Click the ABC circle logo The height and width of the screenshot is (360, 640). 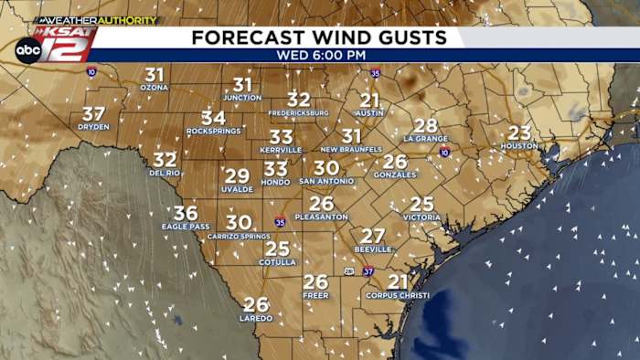coord(27,49)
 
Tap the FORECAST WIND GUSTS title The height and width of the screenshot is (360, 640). coord(319,37)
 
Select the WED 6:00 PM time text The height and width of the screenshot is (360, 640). coord(319,55)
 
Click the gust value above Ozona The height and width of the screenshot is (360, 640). coord(155,75)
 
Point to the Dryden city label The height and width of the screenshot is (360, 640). coord(93,127)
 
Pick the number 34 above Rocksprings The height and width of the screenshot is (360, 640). coord(213,118)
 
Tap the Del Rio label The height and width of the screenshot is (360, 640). coord(165,172)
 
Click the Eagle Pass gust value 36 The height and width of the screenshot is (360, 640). coord(186,213)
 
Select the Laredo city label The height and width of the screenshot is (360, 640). coord(256,318)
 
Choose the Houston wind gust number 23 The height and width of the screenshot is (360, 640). coord(519,132)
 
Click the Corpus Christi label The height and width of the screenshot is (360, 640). coord(398,295)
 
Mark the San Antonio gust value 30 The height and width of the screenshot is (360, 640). coord(326,168)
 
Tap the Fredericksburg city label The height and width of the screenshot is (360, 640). coord(299,112)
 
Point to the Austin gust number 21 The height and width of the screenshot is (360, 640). coord(369,100)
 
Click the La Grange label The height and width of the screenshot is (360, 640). coord(426,138)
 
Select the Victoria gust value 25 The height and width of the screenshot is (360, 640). coord(421,204)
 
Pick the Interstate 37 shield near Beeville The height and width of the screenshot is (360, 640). coord(368,271)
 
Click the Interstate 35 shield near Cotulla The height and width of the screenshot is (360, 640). coord(280,221)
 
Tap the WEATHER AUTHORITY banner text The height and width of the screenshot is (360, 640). coord(96,20)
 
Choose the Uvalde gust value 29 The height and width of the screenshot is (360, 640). coord(237,175)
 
